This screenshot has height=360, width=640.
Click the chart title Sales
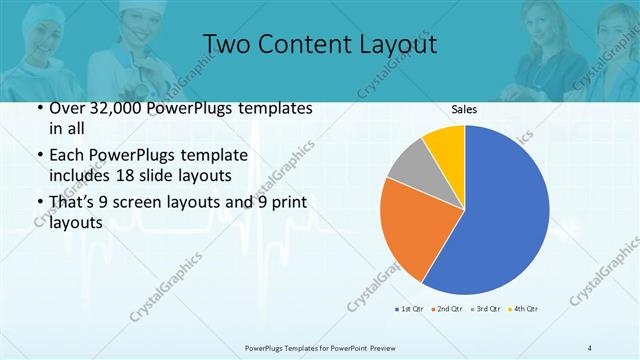[464, 108]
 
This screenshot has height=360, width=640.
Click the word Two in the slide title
[226, 46]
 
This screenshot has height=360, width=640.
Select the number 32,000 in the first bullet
[109, 109]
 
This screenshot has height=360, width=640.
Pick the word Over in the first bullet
[65, 109]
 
